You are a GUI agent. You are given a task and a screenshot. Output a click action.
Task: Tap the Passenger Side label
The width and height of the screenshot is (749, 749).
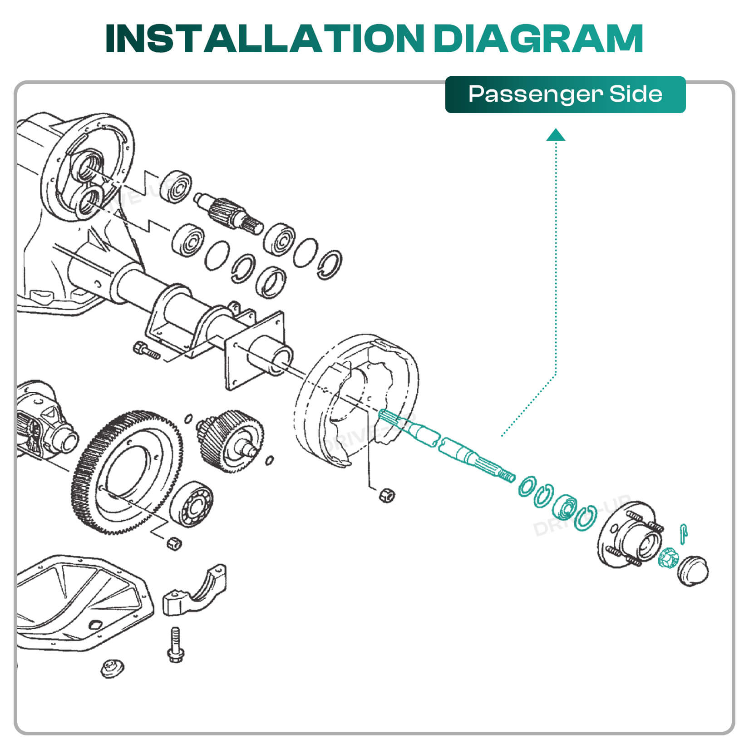pos(565,94)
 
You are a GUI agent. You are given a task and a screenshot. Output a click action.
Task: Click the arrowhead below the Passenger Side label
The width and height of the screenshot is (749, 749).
pos(556,135)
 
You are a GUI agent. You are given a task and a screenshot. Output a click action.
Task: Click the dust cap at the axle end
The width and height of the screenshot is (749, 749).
pos(693,570)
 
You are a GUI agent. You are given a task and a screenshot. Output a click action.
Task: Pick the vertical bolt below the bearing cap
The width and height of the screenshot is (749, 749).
pos(176,645)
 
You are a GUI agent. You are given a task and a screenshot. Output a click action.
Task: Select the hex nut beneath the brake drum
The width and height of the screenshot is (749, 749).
pos(387,495)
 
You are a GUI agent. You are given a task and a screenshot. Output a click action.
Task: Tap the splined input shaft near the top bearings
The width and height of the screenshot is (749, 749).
pos(228,212)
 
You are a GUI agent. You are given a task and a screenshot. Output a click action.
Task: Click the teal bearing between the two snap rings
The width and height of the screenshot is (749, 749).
pos(566,507)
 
